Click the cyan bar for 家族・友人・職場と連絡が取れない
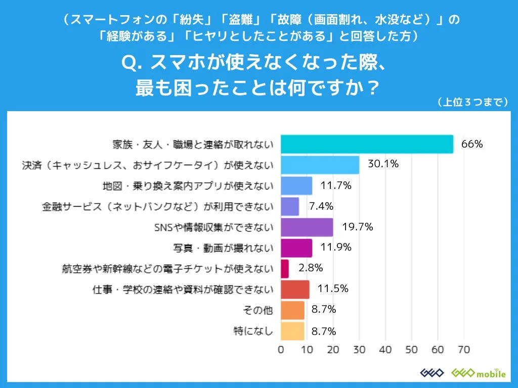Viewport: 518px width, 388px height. tap(367, 144)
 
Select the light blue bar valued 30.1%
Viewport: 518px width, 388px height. tap(320, 165)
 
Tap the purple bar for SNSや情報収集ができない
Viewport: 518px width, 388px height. tap(307, 227)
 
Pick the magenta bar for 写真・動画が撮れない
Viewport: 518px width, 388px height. tap(296, 248)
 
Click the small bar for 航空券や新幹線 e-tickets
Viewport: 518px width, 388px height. tap(284, 268)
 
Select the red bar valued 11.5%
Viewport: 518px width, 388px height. tap(295, 289)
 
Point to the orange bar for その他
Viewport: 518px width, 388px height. tap(292, 310)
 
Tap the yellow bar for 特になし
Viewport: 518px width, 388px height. tap(292, 331)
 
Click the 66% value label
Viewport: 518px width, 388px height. tap(472, 144)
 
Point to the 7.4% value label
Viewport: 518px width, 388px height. tap(320, 206)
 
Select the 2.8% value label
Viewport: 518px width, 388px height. tap(310, 268)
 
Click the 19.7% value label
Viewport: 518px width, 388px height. tap(357, 227)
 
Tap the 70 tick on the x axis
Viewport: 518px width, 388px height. tap(463, 350)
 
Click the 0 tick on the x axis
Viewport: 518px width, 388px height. tap(281, 350)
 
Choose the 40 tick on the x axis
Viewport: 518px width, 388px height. tap(385, 350)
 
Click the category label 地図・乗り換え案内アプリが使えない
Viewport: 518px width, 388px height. tap(188, 185)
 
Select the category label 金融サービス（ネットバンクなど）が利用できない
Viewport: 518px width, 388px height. tap(158, 206)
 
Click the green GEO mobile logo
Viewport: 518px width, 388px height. tap(478, 373)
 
